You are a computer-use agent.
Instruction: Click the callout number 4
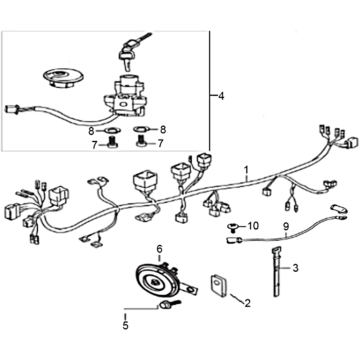(x=221, y=96)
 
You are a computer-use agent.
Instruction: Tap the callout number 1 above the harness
(x=246, y=170)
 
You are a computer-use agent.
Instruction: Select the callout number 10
(x=253, y=226)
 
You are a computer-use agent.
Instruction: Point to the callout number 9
(x=286, y=227)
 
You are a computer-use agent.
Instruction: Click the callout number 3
(x=296, y=268)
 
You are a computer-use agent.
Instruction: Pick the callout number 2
(x=247, y=303)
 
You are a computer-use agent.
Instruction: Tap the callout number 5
(x=126, y=325)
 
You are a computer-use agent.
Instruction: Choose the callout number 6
(x=160, y=249)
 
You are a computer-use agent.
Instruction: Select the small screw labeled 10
(x=232, y=228)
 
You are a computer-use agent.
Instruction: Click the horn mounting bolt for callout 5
(x=170, y=305)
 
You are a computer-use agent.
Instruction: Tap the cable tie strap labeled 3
(x=276, y=272)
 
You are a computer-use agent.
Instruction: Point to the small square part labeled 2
(x=218, y=286)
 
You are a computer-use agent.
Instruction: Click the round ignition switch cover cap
(x=63, y=77)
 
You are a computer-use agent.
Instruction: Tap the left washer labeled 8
(x=112, y=130)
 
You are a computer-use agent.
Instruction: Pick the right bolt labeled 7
(x=142, y=141)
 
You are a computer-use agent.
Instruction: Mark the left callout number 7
(x=94, y=145)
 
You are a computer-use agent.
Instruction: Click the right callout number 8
(x=163, y=130)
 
